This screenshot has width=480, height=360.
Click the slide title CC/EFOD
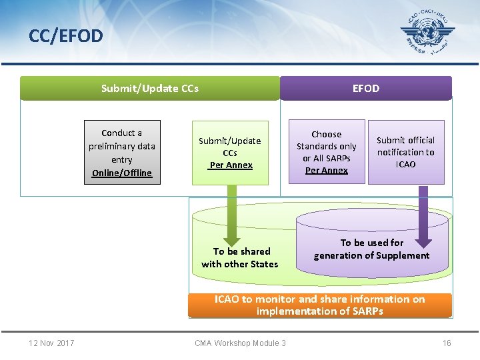[x=66, y=35]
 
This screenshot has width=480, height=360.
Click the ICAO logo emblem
[x=427, y=33]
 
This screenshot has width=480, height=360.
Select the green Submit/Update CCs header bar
[x=150, y=88]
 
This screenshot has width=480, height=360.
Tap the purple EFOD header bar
[x=365, y=88]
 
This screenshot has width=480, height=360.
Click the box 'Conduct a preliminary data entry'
[x=122, y=152]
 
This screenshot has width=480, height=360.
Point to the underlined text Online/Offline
[x=122, y=173]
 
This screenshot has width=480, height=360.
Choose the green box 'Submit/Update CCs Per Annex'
[x=230, y=153]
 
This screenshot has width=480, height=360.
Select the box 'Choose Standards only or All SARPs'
[x=326, y=152]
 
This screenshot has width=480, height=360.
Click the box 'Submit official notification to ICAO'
[x=405, y=152]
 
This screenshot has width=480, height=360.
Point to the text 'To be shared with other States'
[x=240, y=258]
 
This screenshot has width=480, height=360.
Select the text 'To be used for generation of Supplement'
[x=372, y=249]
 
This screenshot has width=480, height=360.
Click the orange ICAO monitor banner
[x=319, y=305]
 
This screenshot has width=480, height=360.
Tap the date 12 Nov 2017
[x=51, y=343]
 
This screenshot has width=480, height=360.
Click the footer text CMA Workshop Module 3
[x=240, y=343]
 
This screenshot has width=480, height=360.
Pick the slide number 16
[x=447, y=343]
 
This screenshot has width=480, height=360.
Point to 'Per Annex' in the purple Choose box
[x=326, y=171]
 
